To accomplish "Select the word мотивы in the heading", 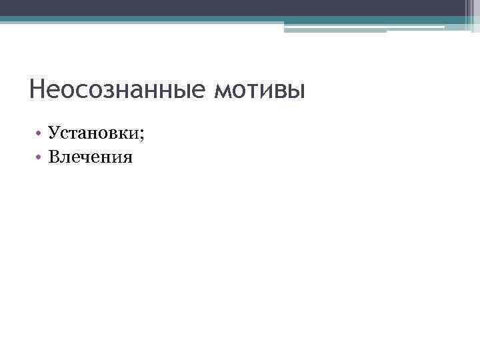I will [x=259, y=89].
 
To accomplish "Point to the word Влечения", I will [x=90, y=157].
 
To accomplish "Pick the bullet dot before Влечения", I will [x=40, y=158].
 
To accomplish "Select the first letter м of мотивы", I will [x=223, y=91].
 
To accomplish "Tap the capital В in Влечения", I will [x=54, y=157].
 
